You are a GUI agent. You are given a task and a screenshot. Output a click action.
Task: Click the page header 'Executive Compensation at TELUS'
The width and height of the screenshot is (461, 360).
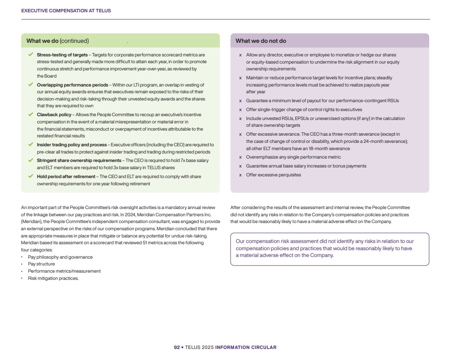[x=66, y=11]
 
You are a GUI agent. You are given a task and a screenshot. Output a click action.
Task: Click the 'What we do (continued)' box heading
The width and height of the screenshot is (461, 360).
[x=58, y=41]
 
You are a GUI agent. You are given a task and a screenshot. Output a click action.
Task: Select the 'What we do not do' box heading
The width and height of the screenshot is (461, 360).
[x=261, y=41]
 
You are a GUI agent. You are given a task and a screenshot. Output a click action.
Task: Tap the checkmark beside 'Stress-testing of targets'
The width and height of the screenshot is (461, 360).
[x=31, y=55]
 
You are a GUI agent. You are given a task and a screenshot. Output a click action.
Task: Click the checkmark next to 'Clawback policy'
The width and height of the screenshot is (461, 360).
[x=31, y=114]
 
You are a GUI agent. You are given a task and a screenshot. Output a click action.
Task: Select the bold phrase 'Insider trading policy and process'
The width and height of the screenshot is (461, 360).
[x=72, y=145]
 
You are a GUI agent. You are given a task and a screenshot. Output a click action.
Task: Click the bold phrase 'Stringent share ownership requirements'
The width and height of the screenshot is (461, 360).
[x=79, y=161]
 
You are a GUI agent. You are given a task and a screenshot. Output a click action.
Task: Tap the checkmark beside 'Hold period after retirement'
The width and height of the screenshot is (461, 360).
[x=31, y=176]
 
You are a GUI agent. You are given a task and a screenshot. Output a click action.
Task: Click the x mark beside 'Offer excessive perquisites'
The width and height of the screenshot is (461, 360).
[x=240, y=175]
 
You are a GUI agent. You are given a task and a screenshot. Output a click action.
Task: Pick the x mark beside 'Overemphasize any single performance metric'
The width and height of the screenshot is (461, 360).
[x=240, y=157]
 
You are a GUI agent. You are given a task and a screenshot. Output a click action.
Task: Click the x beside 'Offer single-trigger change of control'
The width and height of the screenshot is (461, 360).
[x=240, y=110]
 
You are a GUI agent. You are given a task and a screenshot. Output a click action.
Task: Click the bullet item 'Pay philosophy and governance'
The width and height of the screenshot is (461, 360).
[x=60, y=257]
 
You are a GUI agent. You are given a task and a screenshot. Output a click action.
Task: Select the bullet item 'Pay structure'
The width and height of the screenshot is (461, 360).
[x=41, y=264]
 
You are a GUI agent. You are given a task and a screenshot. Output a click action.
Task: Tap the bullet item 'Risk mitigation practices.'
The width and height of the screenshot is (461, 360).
[x=53, y=279]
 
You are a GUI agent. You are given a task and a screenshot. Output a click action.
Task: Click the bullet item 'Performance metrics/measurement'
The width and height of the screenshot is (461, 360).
[x=64, y=271]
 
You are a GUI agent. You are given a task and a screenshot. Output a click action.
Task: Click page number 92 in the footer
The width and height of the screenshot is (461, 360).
[x=176, y=348]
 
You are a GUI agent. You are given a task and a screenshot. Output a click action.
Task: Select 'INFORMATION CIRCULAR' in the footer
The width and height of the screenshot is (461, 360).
[x=246, y=348]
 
